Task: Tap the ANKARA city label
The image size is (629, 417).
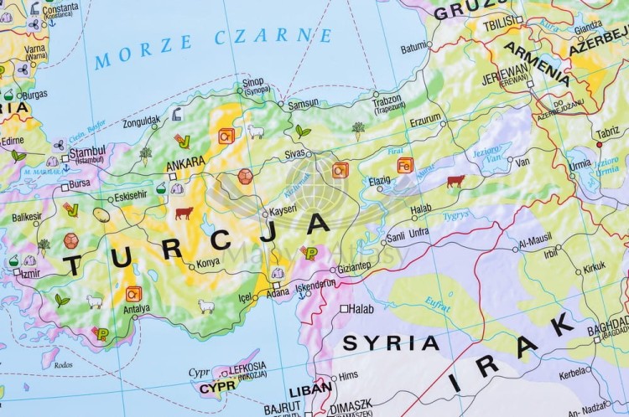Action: pyautogui.click(x=186, y=162)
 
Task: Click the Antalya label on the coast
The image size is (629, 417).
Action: pyautogui.click(x=136, y=308)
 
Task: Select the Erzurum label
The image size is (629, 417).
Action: pyautogui.click(x=425, y=119)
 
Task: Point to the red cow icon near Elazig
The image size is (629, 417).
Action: pyautogui.click(x=455, y=180)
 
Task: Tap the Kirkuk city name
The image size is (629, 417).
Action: pyautogui.click(x=595, y=266)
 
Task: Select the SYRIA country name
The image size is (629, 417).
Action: pyautogui.click(x=391, y=342)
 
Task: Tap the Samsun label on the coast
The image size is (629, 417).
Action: pyautogui.click(x=303, y=104)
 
